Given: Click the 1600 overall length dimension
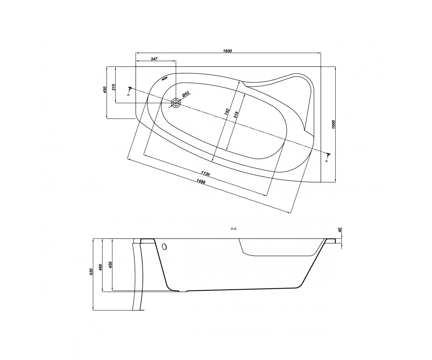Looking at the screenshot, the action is [x=228, y=51].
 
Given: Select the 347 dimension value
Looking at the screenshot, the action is [x=154, y=59].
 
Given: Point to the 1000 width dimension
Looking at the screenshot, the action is [x=333, y=124].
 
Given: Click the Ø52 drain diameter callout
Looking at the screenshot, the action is [x=186, y=94].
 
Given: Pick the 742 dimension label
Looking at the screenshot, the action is [x=227, y=112].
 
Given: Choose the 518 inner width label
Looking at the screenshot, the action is [x=236, y=115].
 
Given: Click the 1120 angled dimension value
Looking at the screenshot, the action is [x=206, y=174].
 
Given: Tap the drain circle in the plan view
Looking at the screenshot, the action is [x=176, y=103].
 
